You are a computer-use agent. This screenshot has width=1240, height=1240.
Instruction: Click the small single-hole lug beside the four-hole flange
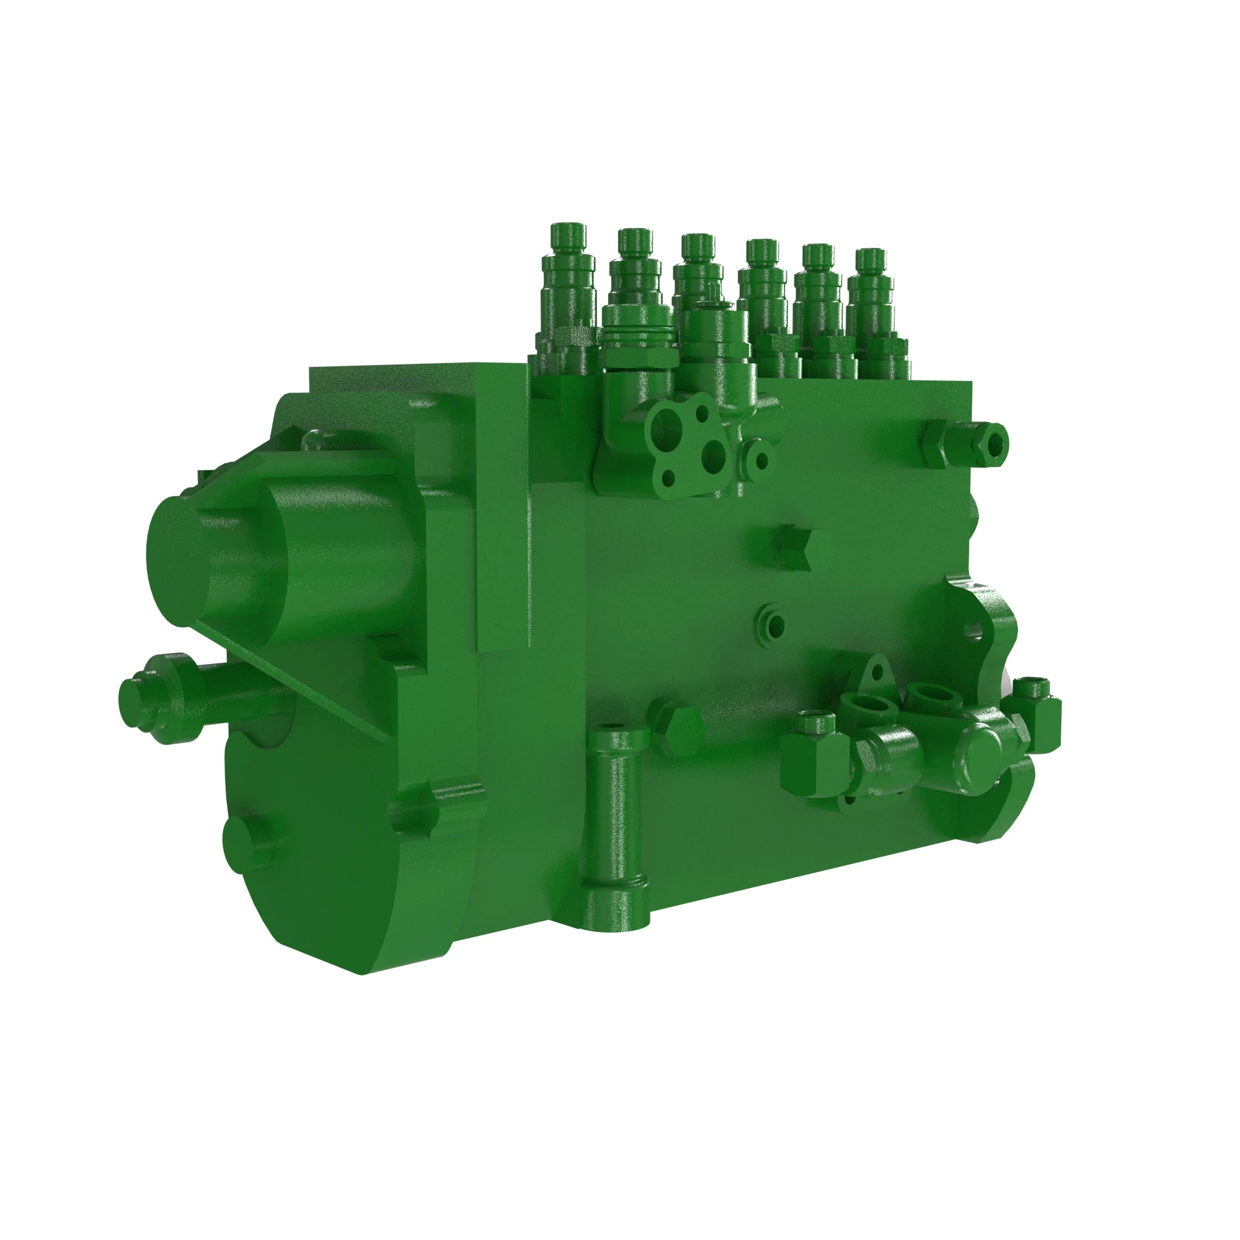click(761, 460)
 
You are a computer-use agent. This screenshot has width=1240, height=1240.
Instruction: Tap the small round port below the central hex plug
click(772, 624)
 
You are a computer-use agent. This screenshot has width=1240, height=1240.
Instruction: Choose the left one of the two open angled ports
click(869, 706)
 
